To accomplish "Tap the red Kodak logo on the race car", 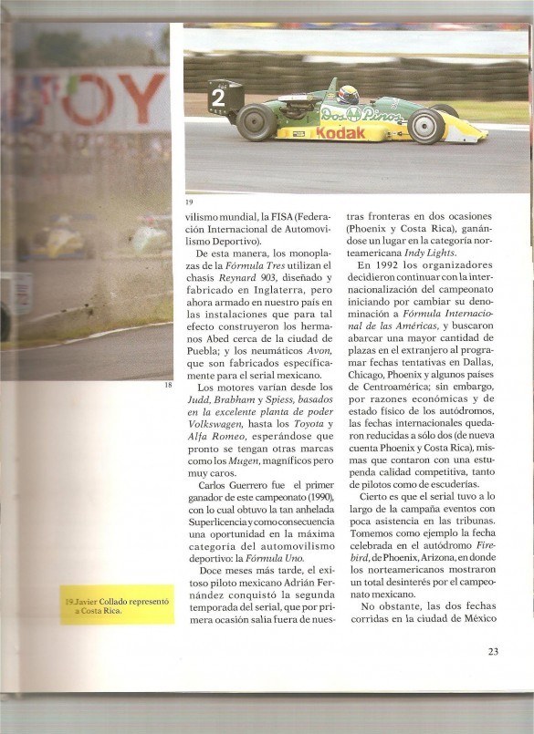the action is [x=340, y=133].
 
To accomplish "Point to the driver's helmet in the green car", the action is [x=348, y=95].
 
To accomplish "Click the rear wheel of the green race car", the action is [x=257, y=122].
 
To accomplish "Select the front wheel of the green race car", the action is [x=426, y=126].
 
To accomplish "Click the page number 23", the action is [x=492, y=651].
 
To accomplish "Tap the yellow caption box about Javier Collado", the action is [x=117, y=605].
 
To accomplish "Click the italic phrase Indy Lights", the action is [x=430, y=251].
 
